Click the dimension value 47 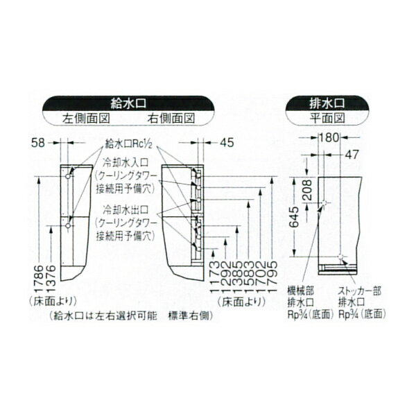[x=353, y=155]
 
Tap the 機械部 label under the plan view [x=300, y=292]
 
